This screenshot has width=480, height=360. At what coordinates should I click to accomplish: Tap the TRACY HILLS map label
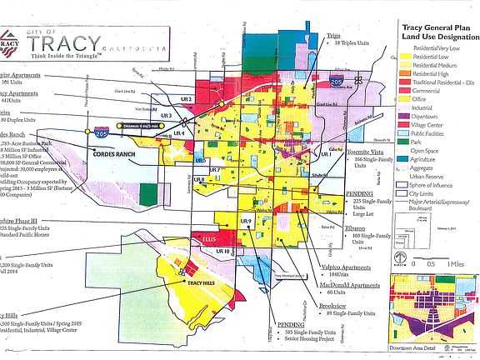(x=185, y=283)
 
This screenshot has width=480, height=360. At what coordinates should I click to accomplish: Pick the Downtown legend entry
(x=422, y=116)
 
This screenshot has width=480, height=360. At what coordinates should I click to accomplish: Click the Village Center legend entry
(x=426, y=125)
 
